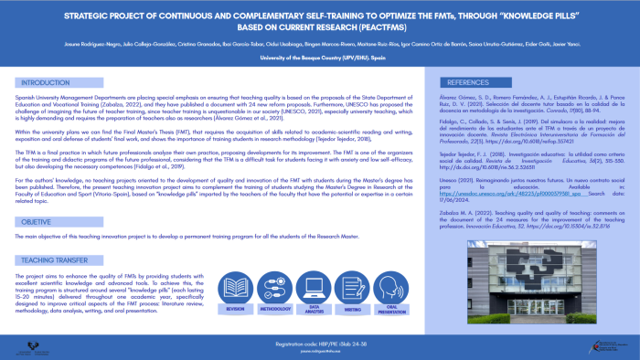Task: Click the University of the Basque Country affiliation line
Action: [x=320, y=57]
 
